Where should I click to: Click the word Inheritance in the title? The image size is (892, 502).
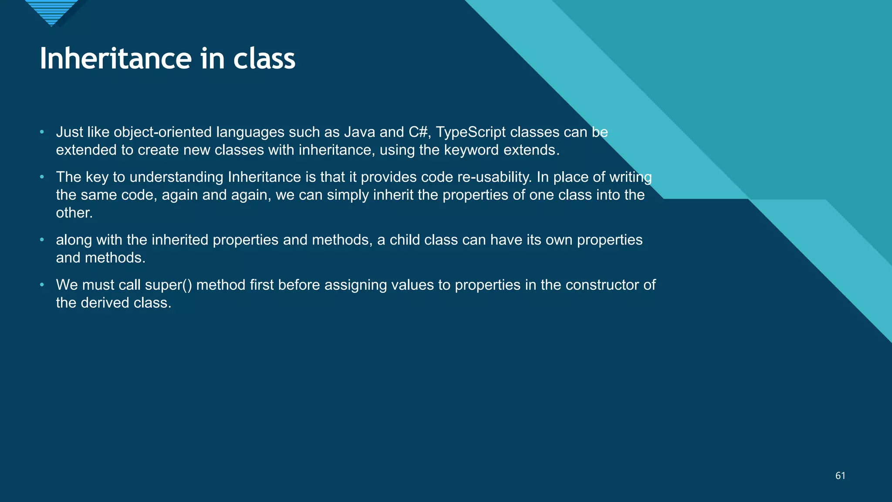pos(115,58)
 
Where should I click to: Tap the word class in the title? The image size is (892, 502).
pos(264,58)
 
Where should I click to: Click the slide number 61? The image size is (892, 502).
pos(840,476)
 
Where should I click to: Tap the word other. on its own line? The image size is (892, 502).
pos(74,213)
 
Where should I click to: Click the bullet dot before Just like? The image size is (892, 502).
pos(42,132)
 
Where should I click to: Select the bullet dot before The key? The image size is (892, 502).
pos(42,176)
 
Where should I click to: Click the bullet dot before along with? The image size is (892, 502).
pos(42,240)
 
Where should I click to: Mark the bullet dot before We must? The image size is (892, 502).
pos(42,285)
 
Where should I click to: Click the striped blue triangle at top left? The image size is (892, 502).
pos(51,11)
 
